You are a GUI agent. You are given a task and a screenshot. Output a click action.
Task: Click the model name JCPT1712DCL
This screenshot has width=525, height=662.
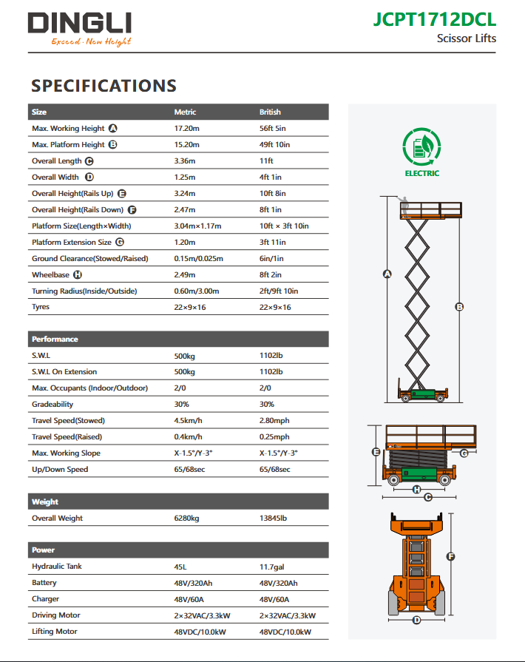point(435,18)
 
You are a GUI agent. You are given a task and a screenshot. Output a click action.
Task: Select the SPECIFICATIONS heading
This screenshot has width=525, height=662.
point(104,86)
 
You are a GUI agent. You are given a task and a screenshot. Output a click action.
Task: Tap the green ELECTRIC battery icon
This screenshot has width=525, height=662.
point(422,146)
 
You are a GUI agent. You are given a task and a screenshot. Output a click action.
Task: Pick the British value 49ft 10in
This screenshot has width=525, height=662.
point(274,145)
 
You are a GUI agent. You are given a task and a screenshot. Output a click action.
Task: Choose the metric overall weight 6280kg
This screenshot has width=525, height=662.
point(186,519)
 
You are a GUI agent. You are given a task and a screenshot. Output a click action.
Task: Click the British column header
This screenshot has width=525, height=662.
point(270,112)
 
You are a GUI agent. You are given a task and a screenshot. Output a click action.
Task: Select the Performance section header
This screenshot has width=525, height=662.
point(55,340)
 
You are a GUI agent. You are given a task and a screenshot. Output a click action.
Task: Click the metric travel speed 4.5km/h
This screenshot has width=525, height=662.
point(189,421)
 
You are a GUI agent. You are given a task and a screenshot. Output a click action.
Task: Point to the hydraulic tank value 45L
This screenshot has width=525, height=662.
point(180,567)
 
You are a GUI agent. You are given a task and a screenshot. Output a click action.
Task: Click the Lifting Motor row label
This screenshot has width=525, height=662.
point(55,632)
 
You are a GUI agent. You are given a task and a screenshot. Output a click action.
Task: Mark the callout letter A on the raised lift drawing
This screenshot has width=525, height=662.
point(386,274)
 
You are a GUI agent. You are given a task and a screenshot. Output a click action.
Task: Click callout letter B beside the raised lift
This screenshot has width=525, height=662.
point(459,306)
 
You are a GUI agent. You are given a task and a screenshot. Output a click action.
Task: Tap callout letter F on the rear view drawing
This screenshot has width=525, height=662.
point(450,557)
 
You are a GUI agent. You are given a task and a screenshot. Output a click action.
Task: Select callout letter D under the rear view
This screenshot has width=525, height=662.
point(417,620)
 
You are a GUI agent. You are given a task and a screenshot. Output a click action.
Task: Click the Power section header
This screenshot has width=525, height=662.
point(43,550)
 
